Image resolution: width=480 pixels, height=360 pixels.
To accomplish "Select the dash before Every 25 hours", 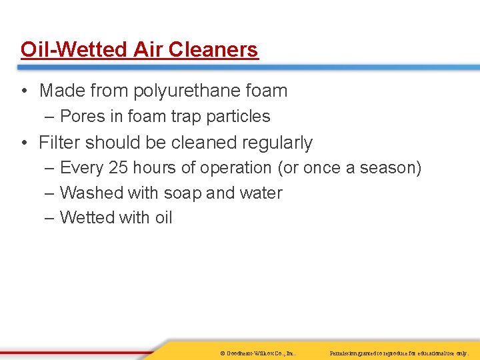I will click(51, 168).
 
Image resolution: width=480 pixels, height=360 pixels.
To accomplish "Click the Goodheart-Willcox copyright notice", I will click(257, 352).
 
